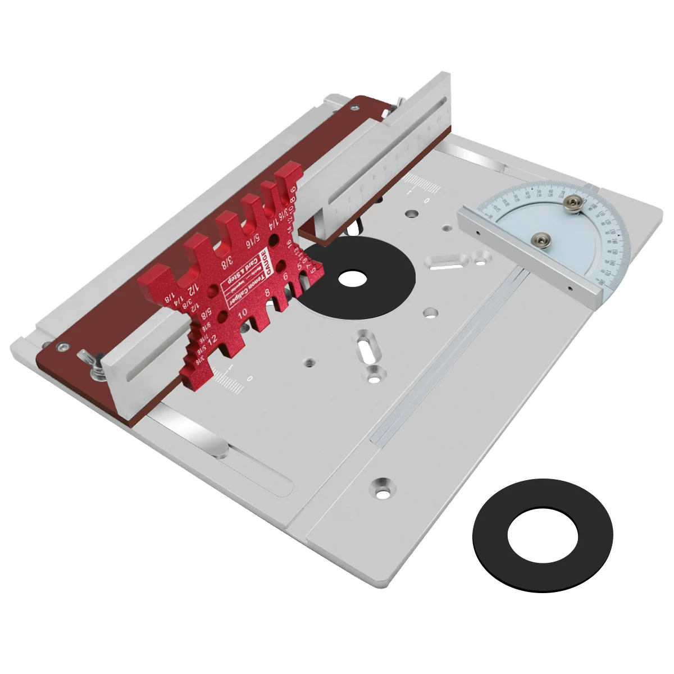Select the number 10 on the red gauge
(x=243, y=313)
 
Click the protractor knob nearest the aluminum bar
(x=540, y=239)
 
